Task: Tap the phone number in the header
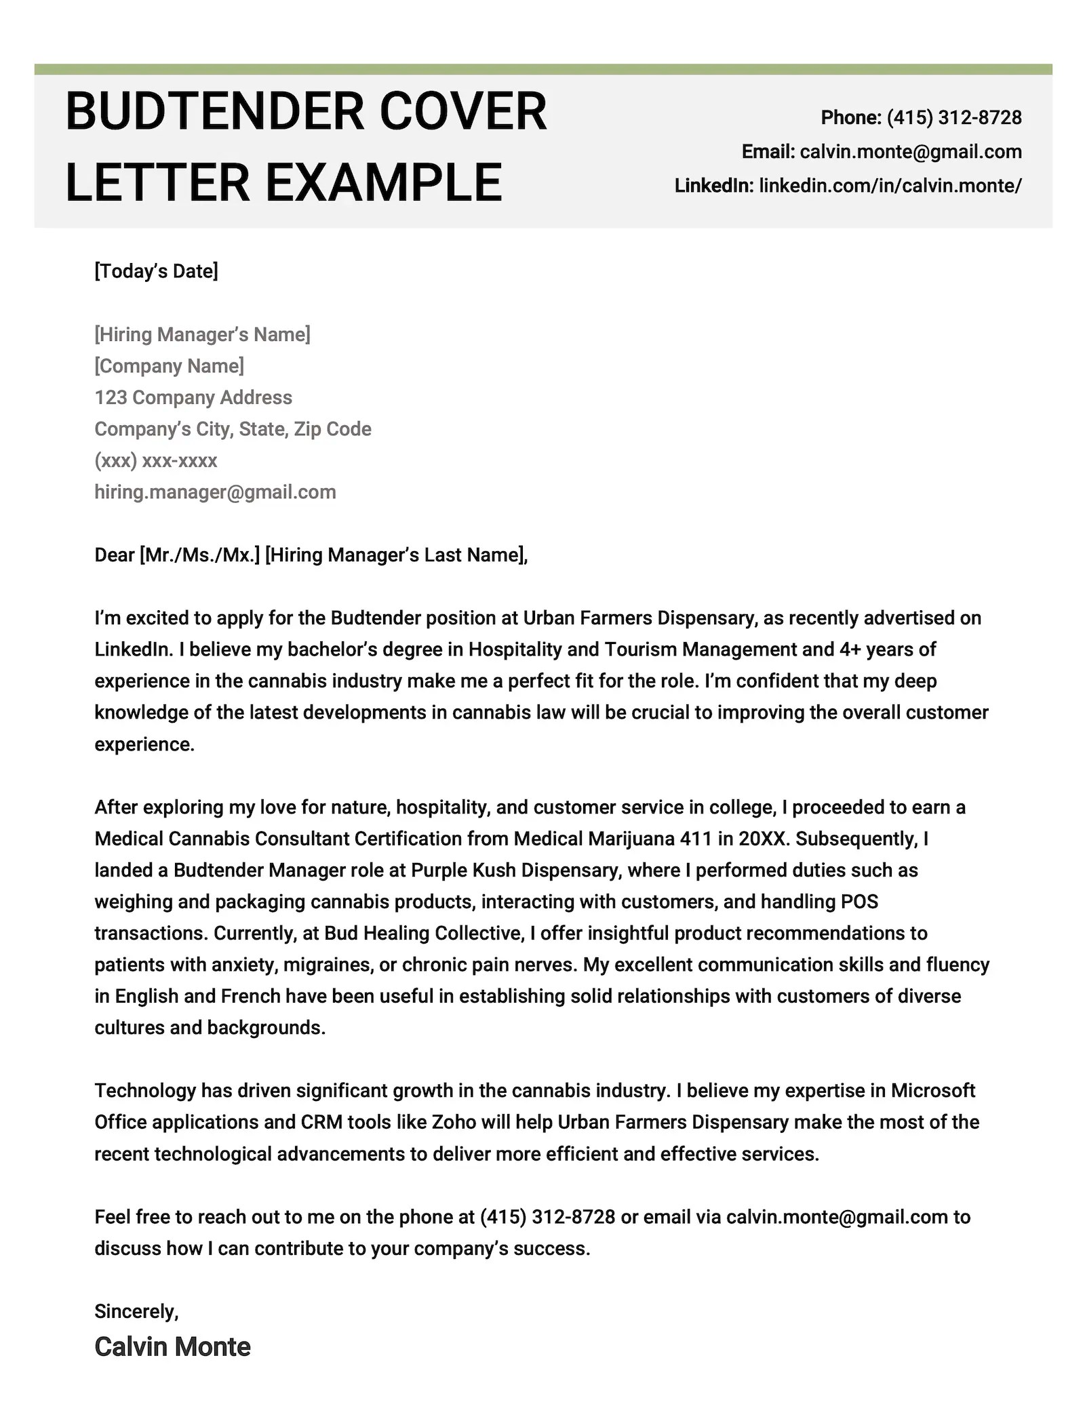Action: (953, 118)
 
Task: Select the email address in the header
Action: (910, 152)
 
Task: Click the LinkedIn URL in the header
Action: (890, 186)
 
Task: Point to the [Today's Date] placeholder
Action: (156, 271)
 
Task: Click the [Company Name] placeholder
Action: (169, 366)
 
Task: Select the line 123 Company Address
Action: (193, 397)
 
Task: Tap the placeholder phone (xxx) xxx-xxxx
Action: (155, 461)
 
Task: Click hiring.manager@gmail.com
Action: (215, 492)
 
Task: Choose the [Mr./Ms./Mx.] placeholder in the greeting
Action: (199, 555)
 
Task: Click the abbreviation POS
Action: (859, 902)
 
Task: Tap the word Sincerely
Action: (136, 1311)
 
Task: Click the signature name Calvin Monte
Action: (172, 1347)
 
